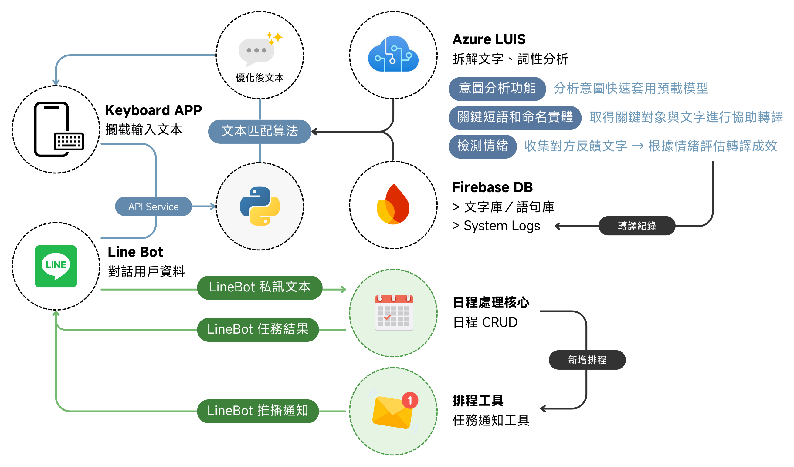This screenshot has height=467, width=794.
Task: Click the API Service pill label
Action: click(x=154, y=207)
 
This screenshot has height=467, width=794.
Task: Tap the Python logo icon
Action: click(x=260, y=206)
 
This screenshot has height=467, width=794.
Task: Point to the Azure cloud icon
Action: click(x=393, y=54)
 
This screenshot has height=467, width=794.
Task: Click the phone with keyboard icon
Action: click(x=59, y=129)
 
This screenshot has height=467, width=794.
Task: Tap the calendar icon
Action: click(x=394, y=313)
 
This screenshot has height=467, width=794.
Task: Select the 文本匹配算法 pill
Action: click(x=260, y=132)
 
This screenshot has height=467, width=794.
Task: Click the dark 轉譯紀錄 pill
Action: click(x=637, y=226)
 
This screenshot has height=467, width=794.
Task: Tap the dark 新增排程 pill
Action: click(x=587, y=360)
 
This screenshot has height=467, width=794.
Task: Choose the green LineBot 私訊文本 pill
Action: click(x=260, y=287)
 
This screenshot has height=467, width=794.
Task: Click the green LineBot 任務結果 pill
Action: click(x=258, y=329)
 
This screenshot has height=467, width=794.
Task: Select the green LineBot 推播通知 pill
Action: click(x=258, y=411)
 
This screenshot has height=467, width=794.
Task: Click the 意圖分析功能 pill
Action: click(x=497, y=89)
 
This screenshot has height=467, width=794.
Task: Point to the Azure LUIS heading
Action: click(x=489, y=40)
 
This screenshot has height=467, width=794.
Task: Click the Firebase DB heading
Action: click(x=492, y=188)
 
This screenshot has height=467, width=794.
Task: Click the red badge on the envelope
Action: click(x=410, y=400)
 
